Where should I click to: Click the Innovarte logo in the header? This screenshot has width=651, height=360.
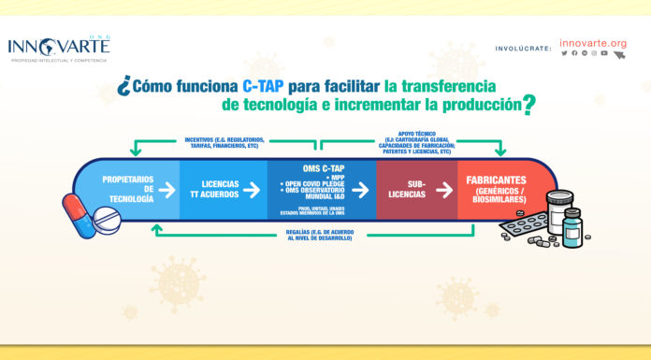59,48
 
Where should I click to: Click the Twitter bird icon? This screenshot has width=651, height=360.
564,53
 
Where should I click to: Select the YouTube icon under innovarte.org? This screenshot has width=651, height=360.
605,53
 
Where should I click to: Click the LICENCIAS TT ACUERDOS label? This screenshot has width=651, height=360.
221,190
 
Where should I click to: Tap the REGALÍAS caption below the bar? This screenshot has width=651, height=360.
319,235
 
